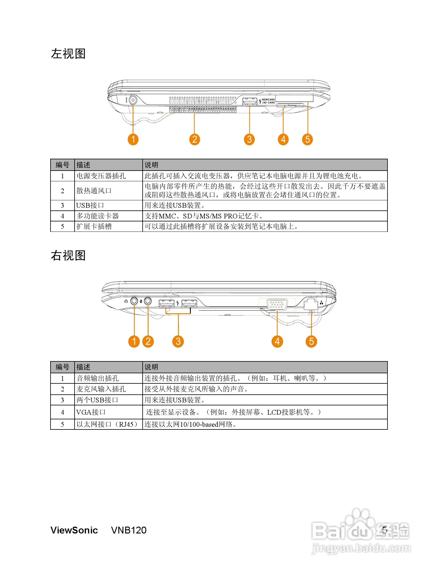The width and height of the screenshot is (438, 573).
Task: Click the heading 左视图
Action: (x=68, y=54)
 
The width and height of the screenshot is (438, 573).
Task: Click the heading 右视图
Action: (x=68, y=256)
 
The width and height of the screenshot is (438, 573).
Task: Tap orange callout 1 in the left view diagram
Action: (x=133, y=139)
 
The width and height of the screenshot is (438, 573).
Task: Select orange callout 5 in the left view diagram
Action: (x=308, y=139)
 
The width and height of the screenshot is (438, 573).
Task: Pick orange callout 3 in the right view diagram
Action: (x=178, y=341)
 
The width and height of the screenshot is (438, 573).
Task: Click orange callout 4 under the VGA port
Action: (x=277, y=341)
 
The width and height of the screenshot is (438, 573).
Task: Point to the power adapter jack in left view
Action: (x=133, y=100)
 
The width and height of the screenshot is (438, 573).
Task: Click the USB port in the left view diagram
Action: (x=250, y=101)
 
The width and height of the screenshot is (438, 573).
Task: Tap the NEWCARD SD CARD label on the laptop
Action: (x=268, y=101)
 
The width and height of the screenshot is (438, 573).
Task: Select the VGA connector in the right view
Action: (x=277, y=304)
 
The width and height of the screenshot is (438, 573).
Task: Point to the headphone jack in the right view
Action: (x=134, y=301)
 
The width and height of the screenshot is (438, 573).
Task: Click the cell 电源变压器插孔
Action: (x=101, y=176)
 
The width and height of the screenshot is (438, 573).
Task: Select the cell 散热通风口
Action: (x=94, y=191)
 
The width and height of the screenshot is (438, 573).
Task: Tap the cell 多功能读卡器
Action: (x=97, y=216)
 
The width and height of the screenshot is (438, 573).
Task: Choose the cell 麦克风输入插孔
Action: (x=101, y=389)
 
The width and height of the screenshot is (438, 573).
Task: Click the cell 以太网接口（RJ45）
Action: (x=107, y=424)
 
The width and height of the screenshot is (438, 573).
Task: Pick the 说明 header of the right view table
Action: (x=151, y=367)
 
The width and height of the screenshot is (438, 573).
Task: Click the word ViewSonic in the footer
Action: (x=74, y=530)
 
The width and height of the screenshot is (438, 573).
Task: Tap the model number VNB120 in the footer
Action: (x=129, y=530)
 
